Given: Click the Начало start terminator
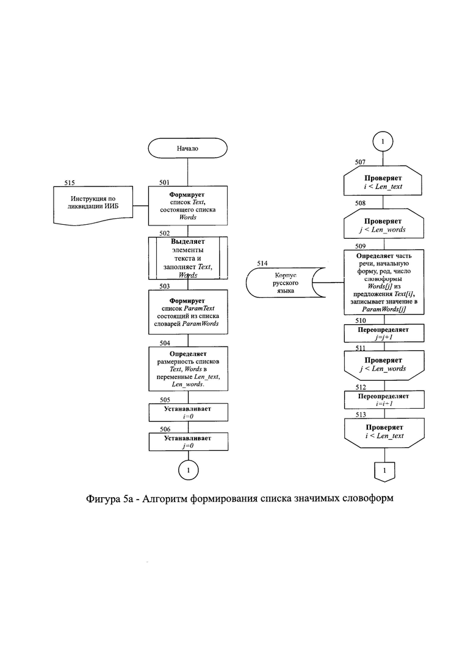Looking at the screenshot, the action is click(x=187, y=148).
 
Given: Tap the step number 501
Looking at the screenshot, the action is click(x=164, y=182).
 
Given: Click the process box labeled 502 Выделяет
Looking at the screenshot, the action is click(x=188, y=258).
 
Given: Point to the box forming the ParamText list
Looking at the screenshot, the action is click(x=188, y=312).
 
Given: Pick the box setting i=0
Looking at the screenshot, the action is click(x=189, y=412).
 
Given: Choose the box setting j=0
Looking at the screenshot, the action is click(x=189, y=442).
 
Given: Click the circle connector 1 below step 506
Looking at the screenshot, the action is click(x=189, y=470).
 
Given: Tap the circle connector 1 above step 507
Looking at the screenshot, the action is click(x=383, y=141).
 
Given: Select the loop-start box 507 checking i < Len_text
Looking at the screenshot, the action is click(x=383, y=180).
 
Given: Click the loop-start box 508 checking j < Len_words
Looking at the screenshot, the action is click(x=384, y=223).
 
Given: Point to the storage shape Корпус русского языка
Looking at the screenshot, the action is click(x=286, y=283).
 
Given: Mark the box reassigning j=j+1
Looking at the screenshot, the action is click(x=384, y=333).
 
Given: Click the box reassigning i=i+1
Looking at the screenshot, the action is click(x=384, y=400).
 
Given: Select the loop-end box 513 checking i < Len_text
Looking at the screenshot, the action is click(x=384, y=433).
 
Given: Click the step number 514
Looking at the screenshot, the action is click(x=262, y=263).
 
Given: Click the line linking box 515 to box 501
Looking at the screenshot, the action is click(x=141, y=206).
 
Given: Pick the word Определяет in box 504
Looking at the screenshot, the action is click(x=188, y=354).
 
